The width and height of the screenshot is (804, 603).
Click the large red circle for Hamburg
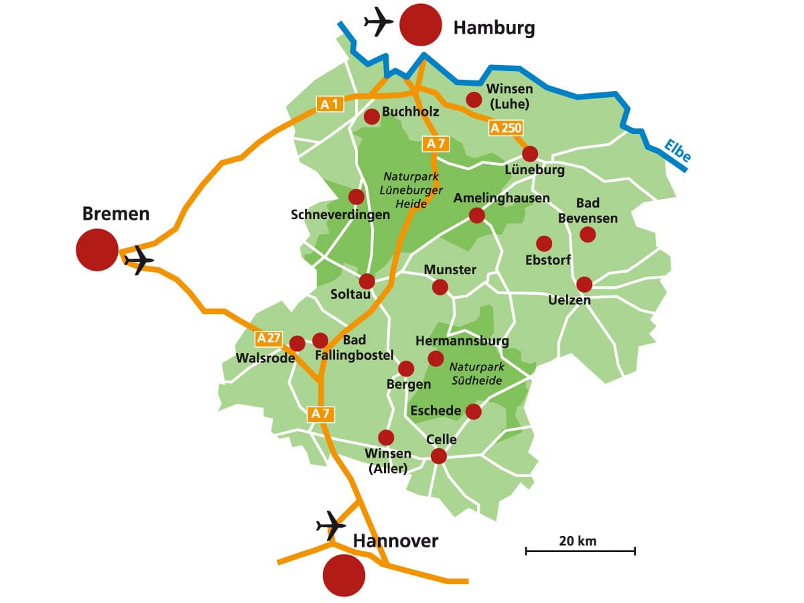coord(421,25)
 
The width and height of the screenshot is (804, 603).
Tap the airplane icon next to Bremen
coord(139,259)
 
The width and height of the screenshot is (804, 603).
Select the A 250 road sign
coord(505,128)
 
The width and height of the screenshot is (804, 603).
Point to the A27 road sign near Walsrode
coord(269,338)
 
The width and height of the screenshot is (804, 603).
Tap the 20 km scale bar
coord(580,550)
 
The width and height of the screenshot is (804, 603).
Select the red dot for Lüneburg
coord(530,154)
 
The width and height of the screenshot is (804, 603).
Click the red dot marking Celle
coord(439,456)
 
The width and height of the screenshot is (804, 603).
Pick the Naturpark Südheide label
coord(476,374)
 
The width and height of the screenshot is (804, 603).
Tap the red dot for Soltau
coord(367,281)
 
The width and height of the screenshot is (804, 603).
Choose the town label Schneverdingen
coord(340,215)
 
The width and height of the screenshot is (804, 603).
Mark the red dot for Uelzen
coord(584,284)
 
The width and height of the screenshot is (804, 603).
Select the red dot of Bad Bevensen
coord(588,234)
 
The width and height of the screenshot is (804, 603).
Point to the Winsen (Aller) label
coord(388,462)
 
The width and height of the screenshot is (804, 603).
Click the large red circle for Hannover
coord(344,575)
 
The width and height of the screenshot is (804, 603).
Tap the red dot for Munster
coord(440,287)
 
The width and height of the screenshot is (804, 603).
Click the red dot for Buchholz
coord(372,117)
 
